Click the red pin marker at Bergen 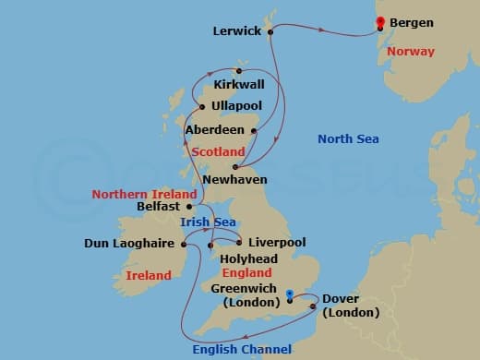(378, 23)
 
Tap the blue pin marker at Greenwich (290, 296)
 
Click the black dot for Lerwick (270, 32)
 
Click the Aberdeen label (215, 130)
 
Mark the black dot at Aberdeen (253, 131)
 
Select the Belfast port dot (189, 208)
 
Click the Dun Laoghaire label (130, 245)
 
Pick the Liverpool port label (277, 242)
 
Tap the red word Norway (411, 52)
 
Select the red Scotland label (219, 151)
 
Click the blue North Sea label (348, 139)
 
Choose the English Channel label (242, 348)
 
